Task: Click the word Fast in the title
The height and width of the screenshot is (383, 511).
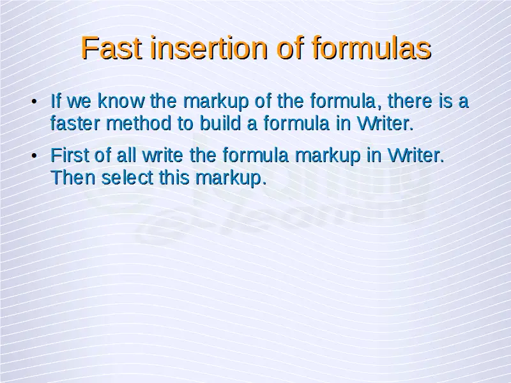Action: (111, 48)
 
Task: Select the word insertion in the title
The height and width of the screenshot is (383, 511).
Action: (210, 48)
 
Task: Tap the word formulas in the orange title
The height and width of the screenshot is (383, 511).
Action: (372, 48)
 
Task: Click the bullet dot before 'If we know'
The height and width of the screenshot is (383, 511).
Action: (34, 101)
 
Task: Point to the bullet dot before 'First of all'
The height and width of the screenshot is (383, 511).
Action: (34, 156)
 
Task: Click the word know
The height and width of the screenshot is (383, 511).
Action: (121, 101)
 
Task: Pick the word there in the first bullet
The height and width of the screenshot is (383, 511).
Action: (409, 101)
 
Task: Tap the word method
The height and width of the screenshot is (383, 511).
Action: (139, 123)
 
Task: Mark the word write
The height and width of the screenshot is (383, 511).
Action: (163, 155)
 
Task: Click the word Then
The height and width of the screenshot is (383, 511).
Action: (73, 177)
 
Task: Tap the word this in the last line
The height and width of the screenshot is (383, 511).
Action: (174, 177)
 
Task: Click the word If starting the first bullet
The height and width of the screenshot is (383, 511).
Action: (56, 101)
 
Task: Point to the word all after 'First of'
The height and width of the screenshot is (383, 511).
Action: (126, 155)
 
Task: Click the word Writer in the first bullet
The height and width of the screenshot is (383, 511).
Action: (385, 123)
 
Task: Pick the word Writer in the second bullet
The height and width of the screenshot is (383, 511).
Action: (416, 155)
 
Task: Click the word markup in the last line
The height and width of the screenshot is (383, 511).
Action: (231, 178)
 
